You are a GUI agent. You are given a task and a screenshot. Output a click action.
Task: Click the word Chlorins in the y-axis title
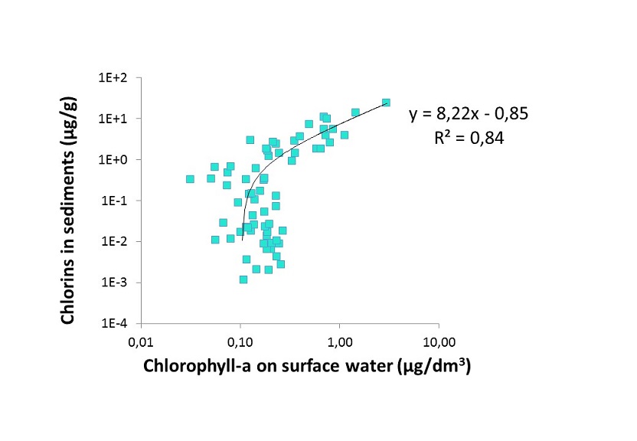click(x=70, y=289)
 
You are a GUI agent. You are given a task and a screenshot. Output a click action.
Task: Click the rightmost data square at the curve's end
click(x=386, y=103)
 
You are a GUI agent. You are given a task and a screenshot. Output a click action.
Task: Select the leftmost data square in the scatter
click(x=190, y=179)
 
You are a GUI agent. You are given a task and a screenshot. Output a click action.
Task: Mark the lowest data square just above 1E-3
click(x=243, y=279)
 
